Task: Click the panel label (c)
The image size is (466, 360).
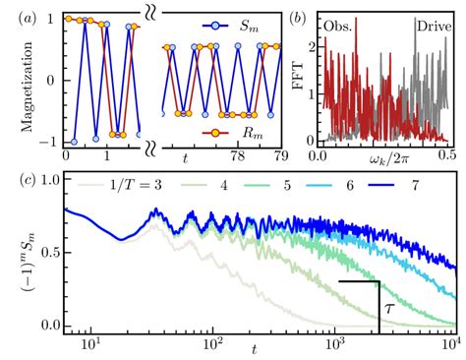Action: coord(19,180)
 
